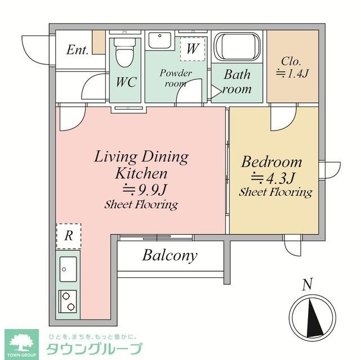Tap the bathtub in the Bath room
tap(238, 47)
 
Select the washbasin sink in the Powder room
tap(160, 42)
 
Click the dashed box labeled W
tap(192, 49)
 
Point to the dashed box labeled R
tap(68, 236)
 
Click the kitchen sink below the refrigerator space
tap(69, 269)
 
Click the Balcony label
tap(170, 256)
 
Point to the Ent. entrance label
tap(77, 49)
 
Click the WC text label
tap(126, 83)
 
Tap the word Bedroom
tap(271, 162)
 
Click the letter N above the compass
tap(307, 285)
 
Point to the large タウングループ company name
tap(93, 349)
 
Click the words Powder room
tap(176, 78)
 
